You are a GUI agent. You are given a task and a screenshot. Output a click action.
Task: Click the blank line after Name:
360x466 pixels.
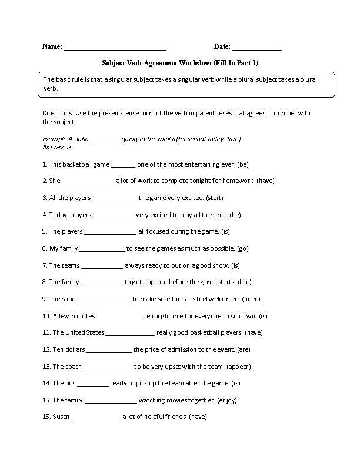coord(115,48)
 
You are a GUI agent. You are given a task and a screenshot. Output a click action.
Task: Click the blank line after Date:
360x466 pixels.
coord(256,48)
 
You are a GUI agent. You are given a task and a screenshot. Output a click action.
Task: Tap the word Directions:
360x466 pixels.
coord(59,113)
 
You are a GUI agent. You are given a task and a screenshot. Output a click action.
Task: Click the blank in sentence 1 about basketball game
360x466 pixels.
coord(123,165)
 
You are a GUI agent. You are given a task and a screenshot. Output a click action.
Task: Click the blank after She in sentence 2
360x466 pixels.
coord(88,181)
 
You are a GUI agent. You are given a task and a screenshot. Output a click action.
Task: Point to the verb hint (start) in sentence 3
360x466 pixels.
coord(212,198)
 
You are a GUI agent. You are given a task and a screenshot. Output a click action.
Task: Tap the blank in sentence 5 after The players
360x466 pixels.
coord(110,232)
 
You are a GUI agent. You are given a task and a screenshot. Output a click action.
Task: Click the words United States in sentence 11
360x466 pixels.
coord(85,332)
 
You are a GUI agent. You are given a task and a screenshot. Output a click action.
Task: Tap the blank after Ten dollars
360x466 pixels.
coord(109,349)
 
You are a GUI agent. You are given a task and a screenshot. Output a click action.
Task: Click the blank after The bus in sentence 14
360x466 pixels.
coord(93,384)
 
